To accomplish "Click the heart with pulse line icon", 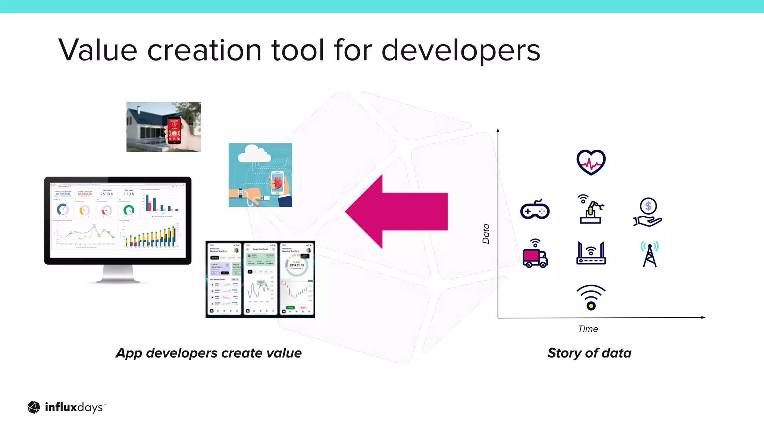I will [591, 162].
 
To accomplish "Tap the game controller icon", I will [535, 210].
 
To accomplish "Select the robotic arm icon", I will [591, 209].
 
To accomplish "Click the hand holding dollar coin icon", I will [648, 212].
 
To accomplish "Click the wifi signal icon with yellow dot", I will [591, 297].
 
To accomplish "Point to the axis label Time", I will [588, 329].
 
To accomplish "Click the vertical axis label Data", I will [486, 234].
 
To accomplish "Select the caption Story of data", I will [589, 353].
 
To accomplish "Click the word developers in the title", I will [461, 50].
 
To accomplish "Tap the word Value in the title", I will [98, 50].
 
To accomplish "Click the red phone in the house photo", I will [174, 130].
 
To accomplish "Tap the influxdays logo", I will [66, 407].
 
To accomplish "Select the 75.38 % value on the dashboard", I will [107, 194].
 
